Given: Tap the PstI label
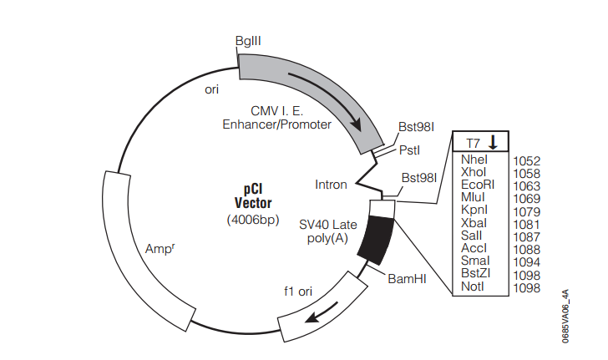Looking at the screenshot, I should [409, 150].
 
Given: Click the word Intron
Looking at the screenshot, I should [331, 184].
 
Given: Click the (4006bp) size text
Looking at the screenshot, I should [253, 220].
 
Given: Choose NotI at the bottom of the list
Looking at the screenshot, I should [473, 287].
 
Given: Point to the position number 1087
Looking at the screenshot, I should [526, 236].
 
